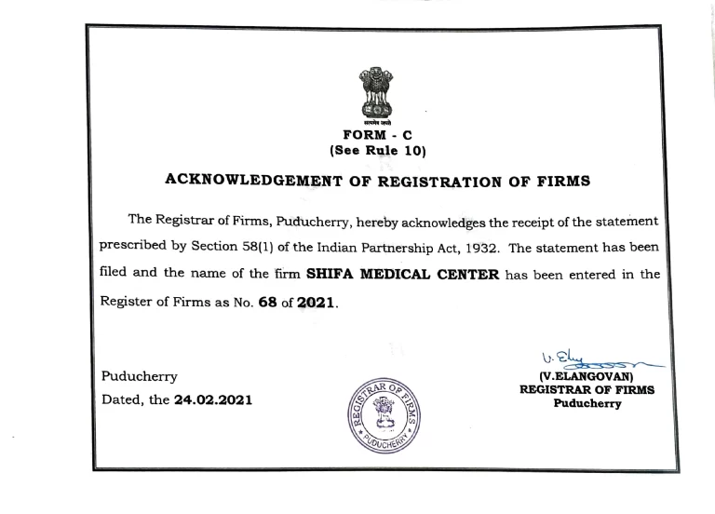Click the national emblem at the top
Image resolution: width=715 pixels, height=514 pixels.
376,95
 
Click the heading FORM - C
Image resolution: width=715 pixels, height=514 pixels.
377,134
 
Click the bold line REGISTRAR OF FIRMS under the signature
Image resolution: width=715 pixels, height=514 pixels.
587,391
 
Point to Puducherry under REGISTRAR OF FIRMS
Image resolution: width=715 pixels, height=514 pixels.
587,404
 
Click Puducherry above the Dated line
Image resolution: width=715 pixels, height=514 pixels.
139,376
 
